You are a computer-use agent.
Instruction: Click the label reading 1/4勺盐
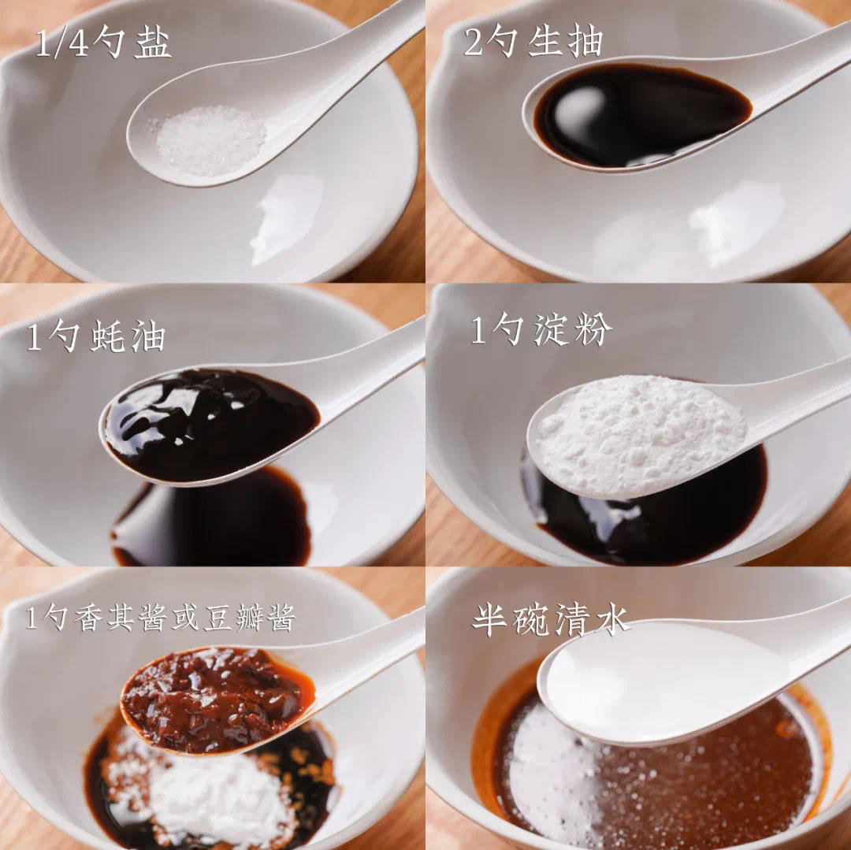[x=102, y=44]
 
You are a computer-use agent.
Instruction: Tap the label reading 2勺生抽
[x=533, y=43]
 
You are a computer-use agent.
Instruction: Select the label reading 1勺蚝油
[x=96, y=337]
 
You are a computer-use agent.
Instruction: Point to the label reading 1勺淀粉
[x=541, y=330]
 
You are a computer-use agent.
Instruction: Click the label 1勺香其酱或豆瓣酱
[x=160, y=619]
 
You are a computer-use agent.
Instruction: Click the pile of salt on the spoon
[x=210, y=140]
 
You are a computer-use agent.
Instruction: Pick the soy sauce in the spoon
[x=638, y=114]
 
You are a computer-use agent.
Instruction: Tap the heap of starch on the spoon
[x=638, y=433]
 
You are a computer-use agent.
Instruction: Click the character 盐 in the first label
[x=152, y=44]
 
